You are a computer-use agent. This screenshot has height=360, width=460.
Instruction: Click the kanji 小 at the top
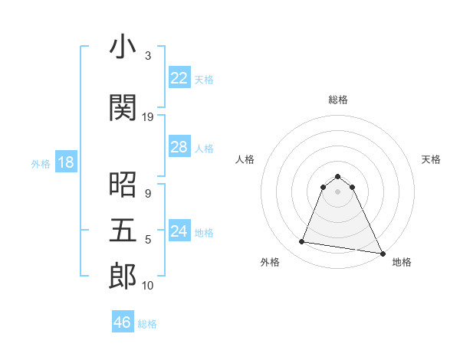(123, 48)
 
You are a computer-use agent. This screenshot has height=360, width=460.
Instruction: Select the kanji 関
(123, 108)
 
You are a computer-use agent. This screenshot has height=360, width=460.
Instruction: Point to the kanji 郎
(123, 277)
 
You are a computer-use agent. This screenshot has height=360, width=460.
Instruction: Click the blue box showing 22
(179, 78)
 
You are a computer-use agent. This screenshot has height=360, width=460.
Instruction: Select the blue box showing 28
(179, 147)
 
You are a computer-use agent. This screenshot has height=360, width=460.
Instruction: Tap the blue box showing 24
(179, 231)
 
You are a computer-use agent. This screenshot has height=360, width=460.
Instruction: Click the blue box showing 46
(123, 322)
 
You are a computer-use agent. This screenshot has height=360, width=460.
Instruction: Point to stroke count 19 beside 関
(148, 117)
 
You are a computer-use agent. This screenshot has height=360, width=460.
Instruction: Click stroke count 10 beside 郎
(148, 286)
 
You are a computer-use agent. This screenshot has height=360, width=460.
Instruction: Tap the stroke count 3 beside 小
(148, 56)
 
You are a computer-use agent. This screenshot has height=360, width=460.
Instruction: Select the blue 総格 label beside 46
(147, 324)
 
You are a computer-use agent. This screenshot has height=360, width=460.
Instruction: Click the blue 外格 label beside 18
(41, 164)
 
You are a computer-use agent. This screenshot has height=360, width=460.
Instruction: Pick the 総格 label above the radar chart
(338, 100)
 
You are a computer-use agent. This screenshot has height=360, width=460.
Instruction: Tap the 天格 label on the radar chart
(431, 159)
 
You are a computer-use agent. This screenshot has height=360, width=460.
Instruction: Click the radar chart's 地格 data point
(382, 254)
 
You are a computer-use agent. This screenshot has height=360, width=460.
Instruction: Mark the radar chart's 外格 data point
(302, 242)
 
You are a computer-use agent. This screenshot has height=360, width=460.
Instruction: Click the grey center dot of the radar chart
(338, 191)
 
